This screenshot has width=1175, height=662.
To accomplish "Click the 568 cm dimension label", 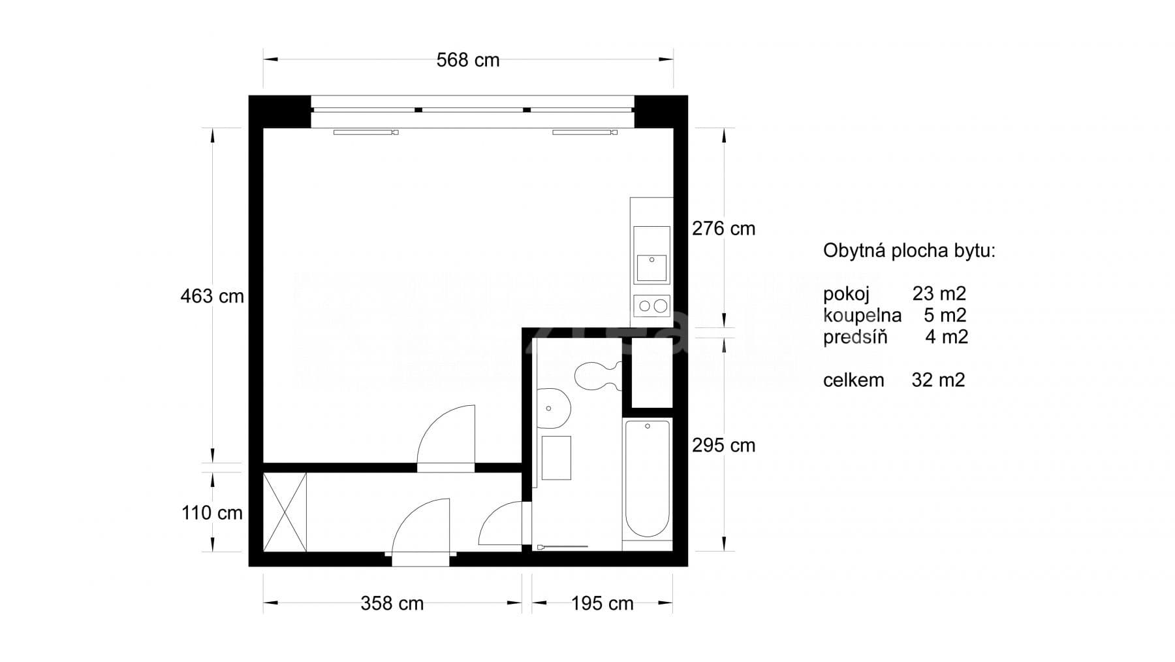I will coord(467,60).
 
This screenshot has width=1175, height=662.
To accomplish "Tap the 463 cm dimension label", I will coord(212,296).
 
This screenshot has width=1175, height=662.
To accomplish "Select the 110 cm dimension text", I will coord(212,513).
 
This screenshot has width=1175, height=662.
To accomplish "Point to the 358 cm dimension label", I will coord(392,603).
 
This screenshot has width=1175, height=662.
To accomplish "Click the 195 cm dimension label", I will coord(602,603).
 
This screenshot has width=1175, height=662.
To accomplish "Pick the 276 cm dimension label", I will coord(723,229).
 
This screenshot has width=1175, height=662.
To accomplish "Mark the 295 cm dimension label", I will coord(723,446).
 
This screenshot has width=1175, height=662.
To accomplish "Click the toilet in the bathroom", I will coord(597,375).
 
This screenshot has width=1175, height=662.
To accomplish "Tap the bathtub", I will coord(648,478).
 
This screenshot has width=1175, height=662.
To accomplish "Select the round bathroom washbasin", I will coord(553,408).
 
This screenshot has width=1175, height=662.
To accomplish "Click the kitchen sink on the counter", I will coord(651,267).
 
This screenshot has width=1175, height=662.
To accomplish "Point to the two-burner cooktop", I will coord(652,305).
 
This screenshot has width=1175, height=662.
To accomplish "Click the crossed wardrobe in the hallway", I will coord(285,512).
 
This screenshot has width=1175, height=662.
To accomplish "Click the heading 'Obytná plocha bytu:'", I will coord(909,251).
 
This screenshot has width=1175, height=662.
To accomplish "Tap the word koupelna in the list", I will coord(862,316).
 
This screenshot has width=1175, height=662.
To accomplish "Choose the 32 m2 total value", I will coord(938,380).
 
